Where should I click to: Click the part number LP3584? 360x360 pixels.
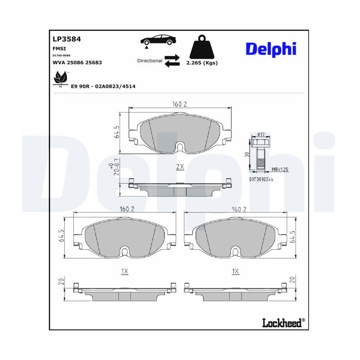(x=67, y=39)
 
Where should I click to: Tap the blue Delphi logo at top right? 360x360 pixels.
(x=271, y=49)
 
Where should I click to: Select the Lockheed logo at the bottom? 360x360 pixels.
(x=284, y=323)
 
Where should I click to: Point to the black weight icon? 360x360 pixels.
(x=202, y=47)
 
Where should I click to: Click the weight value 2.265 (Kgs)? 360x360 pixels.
(x=202, y=63)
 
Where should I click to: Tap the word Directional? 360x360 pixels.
(x=150, y=61)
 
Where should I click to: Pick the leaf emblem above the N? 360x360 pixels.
(x=61, y=77)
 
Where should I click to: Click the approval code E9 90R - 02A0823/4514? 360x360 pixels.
(x=103, y=86)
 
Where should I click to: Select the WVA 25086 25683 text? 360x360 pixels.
(x=77, y=62)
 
